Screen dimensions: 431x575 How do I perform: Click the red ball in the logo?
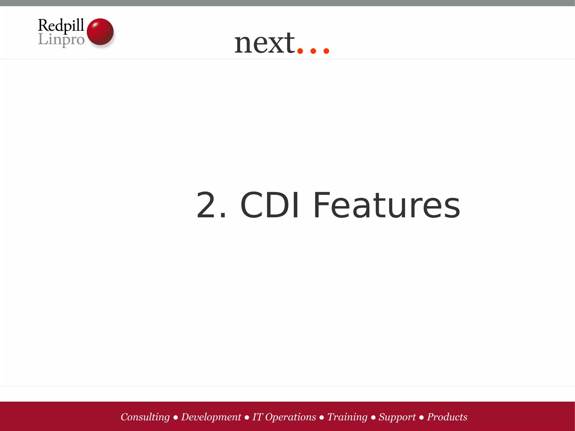click(x=100, y=31)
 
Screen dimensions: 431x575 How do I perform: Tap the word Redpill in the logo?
click(x=61, y=26)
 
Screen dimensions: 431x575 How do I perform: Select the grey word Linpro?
click(x=61, y=40)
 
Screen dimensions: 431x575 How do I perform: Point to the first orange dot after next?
click(x=300, y=51)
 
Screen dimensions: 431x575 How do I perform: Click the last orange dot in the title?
click(x=326, y=51)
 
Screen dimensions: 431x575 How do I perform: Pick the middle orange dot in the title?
click(x=313, y=51)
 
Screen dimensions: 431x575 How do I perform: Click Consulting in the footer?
click(x=145, y=417)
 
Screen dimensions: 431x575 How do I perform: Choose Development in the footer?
click(x=211, y=417)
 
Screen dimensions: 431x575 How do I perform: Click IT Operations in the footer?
click(x=284, y=417)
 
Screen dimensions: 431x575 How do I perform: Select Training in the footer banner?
click(x=347, y=417)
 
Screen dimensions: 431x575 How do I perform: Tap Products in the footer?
click(x=447, y=417)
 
